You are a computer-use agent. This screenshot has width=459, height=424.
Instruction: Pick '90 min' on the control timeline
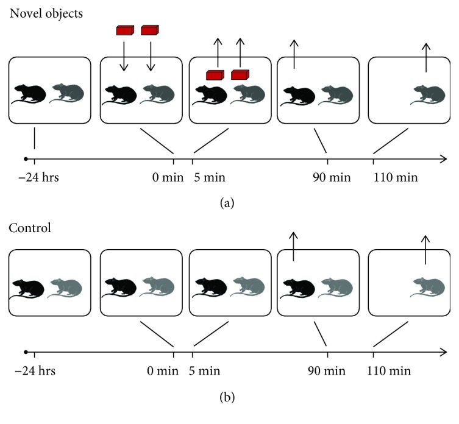(x=327, y=370)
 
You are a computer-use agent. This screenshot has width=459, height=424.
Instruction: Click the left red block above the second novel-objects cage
(x=124, y=30)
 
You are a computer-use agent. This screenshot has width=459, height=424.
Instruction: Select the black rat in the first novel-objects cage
(x=30, y=93)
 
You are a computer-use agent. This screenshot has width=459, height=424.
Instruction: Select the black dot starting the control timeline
(x=25, y=352)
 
